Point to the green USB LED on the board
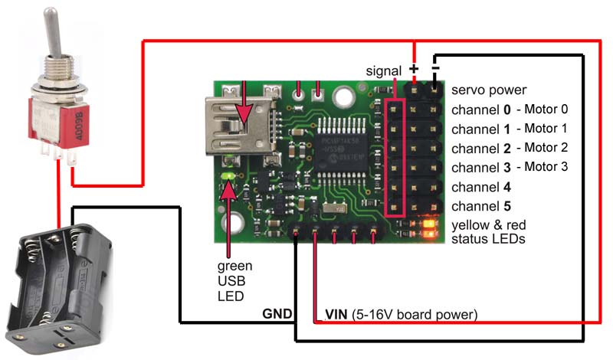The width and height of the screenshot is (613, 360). click(x=228, y=177)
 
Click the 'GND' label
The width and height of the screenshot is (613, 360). click(x=277, y=313)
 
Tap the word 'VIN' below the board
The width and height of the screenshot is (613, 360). click(x=338, y=313)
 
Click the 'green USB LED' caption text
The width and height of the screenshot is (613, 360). click(x=234, y=280)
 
